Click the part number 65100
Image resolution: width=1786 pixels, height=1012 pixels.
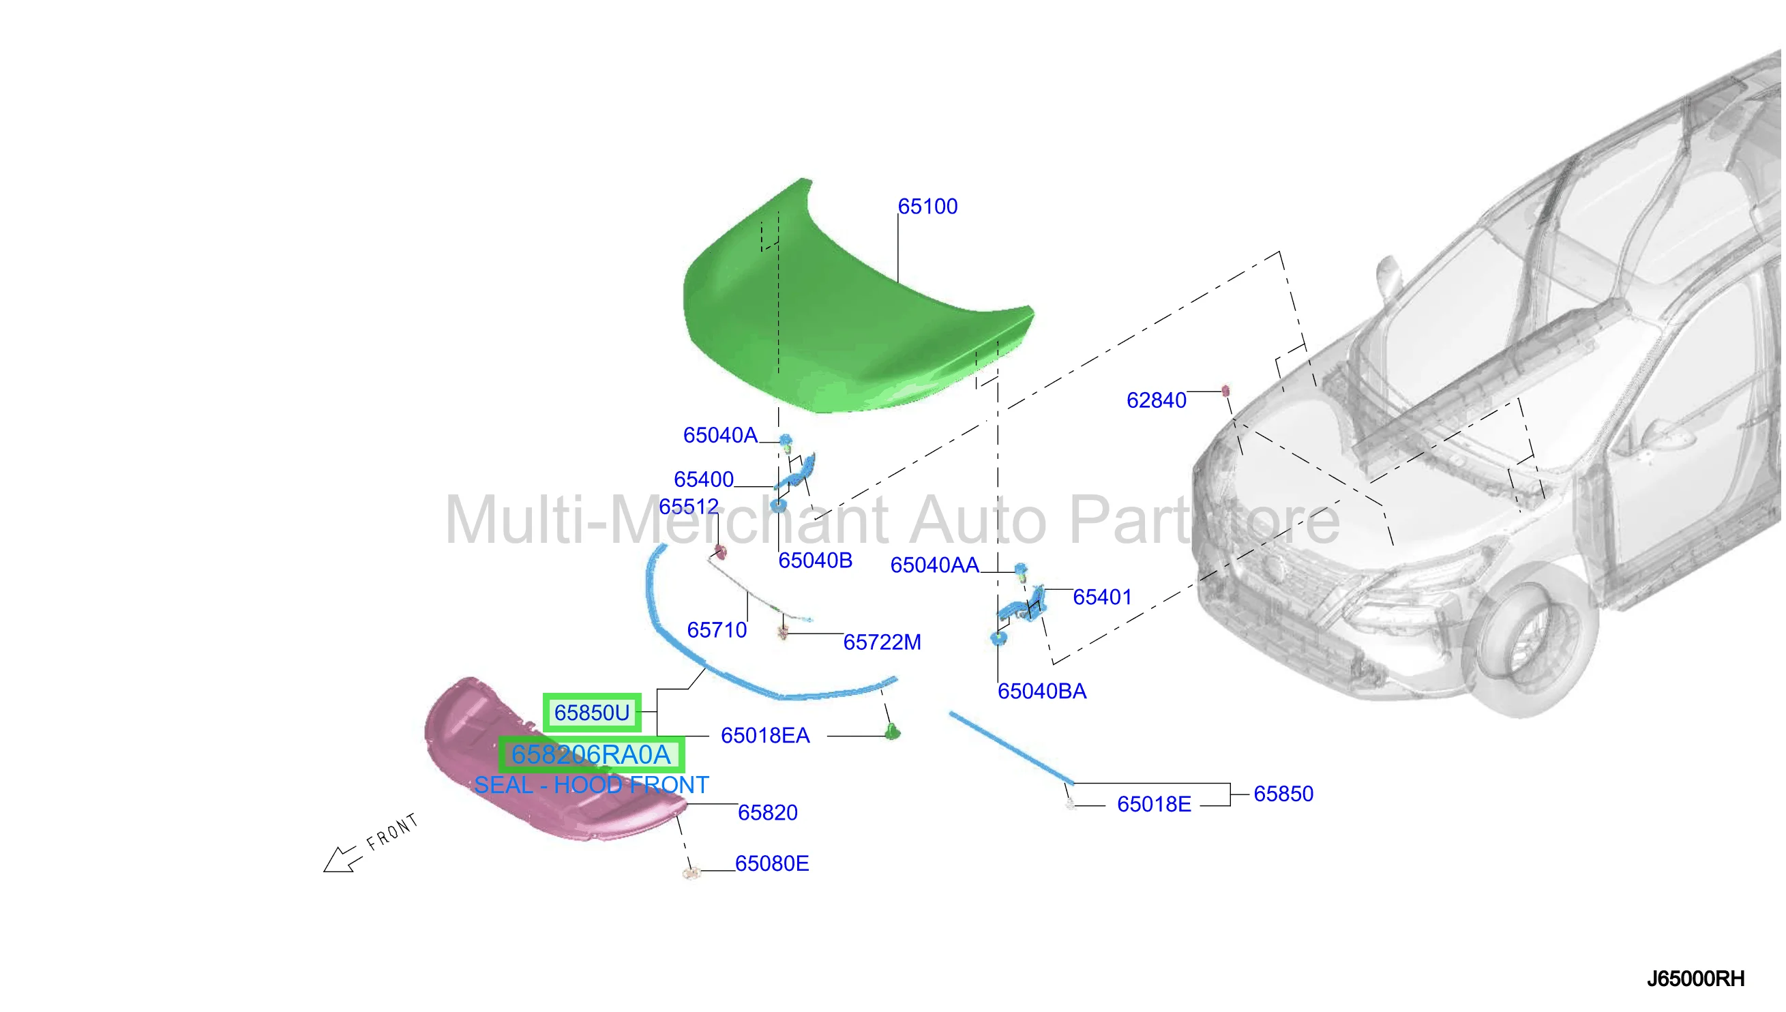pyautogui.click(x=927, y=207)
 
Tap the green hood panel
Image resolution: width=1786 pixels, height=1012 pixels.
pyautogui.click(x=854, y=306)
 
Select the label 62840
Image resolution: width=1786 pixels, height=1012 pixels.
pyautogui.click(x=1156, y=400)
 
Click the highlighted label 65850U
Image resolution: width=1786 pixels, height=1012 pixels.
pyautogui.click(x=591, y=713)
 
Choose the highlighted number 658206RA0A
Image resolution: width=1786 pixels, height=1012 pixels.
pyautogui.click(x=591, y=754)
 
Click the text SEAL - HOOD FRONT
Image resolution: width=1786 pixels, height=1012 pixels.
pyautogui.click(x=591, y=785)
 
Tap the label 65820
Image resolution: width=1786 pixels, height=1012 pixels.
pyautogui.click(x=767, y=812)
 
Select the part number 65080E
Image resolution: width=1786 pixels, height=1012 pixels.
pyautogui.click(x=771, y=863)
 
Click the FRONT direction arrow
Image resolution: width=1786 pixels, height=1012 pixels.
pyautogui.click(x=342, y=859)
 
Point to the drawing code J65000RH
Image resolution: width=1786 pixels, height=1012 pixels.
pyautogui.click(x=1695, y=979)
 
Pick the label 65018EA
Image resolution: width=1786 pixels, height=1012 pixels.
pyautogui.click(x=765, y=735)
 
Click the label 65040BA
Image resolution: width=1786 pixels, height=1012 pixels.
pyautogui.click(x=1042, y=691)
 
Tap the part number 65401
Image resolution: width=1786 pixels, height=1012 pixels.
pyautogui.click(x=1102, y=597)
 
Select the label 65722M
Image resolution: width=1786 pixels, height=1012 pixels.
pyautogui.click(x=882, y=642)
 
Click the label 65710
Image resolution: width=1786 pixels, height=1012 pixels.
pyautogui.click(x=717, y=629)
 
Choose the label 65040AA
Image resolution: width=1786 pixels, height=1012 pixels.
pyautogui.click(x=935, y=565)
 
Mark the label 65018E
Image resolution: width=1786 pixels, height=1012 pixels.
pyautogui.click(x=1154, y=804)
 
